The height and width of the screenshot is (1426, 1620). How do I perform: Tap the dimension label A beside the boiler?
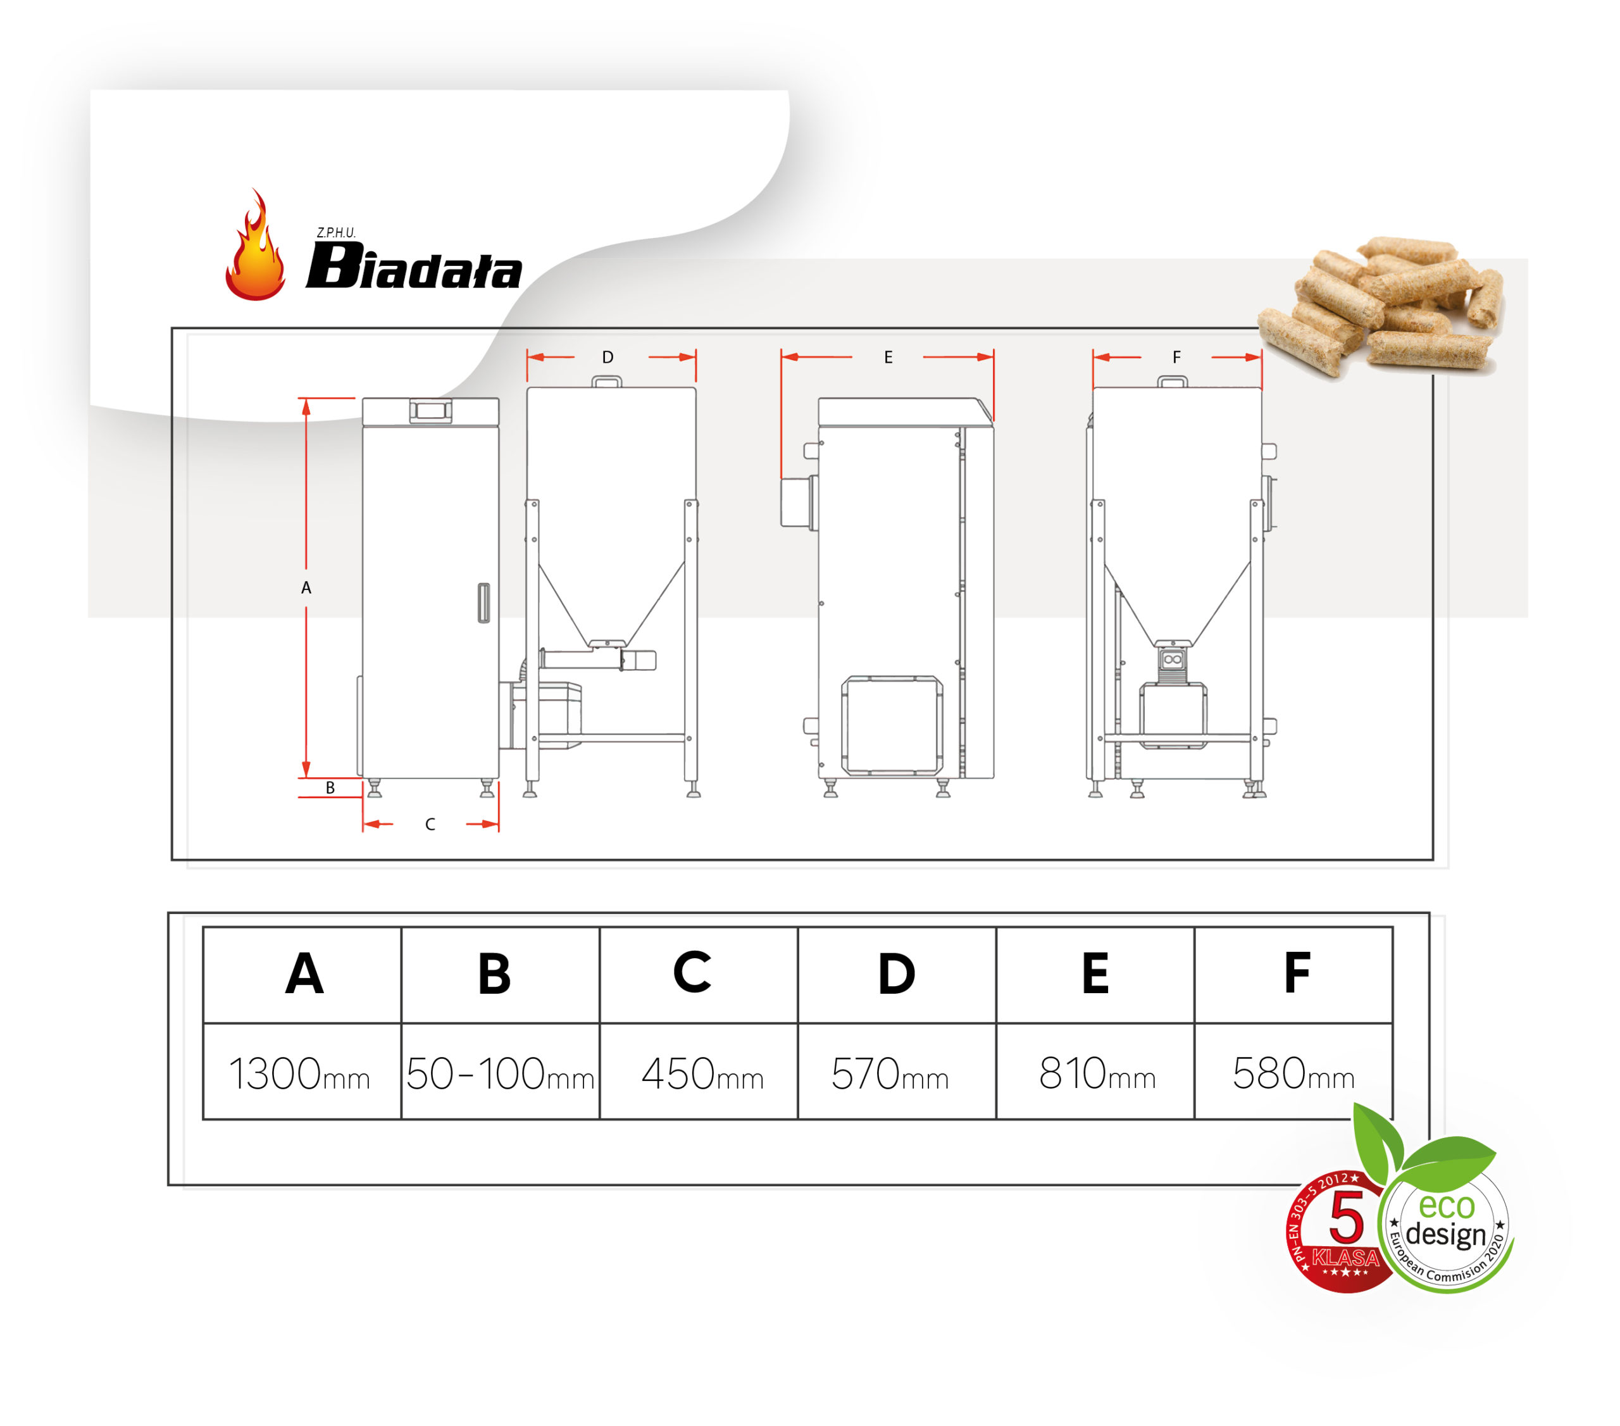[x=306, y=588]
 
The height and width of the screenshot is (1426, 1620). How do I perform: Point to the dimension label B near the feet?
[x=330, y=788]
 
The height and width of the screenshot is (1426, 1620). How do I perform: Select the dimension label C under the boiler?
[x=430, y=824]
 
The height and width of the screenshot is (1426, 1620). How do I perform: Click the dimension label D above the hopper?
[x=608, y=358]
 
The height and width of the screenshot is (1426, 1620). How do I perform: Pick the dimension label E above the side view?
[x=888, y=358]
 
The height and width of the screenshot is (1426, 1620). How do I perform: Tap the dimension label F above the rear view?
[x=1176, y=358]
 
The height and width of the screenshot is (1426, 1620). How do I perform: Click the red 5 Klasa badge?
[x=1340, y=1231]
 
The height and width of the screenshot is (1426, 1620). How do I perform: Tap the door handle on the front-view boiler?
[x=483, y=603]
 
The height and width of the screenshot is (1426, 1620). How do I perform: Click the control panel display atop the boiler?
[x=430, y=411]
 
